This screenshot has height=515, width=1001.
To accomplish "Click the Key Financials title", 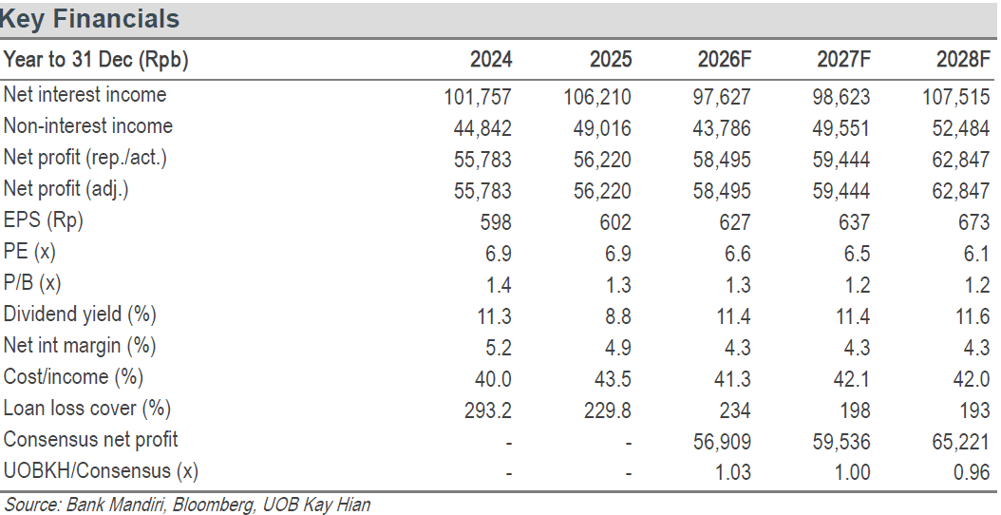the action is click(x=89, y=19).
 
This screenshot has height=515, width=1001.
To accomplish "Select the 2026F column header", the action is click(x=725, y=60).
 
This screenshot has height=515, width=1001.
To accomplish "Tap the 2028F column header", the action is click(x=963, y=60).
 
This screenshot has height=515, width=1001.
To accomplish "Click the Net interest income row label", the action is click(x=85, y=95).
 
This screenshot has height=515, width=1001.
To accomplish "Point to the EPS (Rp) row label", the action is click(x=44, y=220).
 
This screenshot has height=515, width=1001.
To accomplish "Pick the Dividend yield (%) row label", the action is click(x=80, y=315).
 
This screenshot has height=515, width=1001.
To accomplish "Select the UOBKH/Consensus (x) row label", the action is click(x=101, y=471).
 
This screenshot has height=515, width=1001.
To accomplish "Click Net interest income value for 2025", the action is click(x=597, y=97).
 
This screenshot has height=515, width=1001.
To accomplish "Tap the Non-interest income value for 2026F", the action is click(x=722, y=128).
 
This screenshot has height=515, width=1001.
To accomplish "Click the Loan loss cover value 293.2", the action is click(x=488, y=410).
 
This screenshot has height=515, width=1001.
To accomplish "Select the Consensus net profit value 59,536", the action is click(x=842, y=442).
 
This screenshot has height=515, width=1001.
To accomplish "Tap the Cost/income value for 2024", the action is click(x=494, y=379).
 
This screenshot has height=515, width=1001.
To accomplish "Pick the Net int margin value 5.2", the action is click(x=498, y=348).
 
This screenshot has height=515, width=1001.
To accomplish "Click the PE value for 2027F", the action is click(x=857, y=254).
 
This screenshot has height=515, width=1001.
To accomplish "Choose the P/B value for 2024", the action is click(x=498, y=285).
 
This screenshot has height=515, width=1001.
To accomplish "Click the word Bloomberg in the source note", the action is click(x=213, y=505).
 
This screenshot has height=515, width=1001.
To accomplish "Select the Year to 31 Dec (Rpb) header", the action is click(x=97, y=60).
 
